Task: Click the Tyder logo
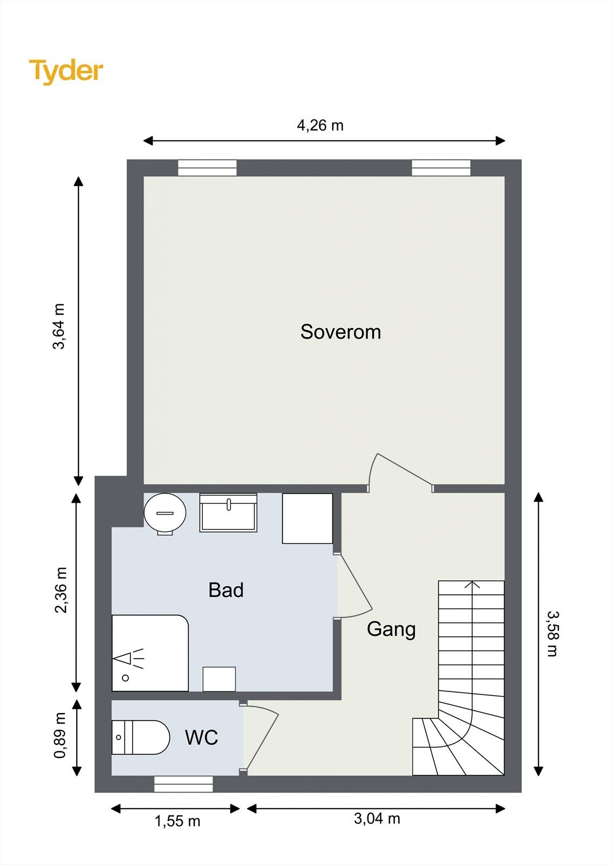(66, 72)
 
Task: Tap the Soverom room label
(340, 332)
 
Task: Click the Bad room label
(226, 590)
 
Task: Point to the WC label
(201, 737)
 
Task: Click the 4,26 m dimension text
(320, 125)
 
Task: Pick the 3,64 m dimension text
(59, 327)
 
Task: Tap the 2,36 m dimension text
(61, 590)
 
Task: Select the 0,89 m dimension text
(60, 736)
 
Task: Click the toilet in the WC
(141, 737)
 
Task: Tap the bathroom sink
(228, 513)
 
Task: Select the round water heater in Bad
(165, 514)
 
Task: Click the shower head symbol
(128, 659)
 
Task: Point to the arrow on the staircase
(472, 645)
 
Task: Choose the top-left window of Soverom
(207, 168)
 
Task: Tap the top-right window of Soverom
(441, 168)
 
